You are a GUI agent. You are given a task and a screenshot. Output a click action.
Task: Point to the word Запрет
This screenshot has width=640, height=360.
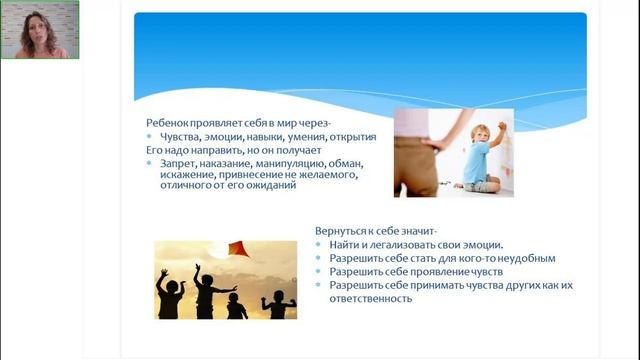click(177, 163)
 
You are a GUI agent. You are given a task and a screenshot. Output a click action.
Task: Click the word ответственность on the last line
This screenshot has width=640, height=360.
click(363, 297)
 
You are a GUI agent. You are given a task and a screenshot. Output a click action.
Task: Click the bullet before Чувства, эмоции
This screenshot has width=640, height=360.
click(150, 136)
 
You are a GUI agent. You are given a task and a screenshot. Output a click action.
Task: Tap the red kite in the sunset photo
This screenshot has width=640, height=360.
click(239, 247)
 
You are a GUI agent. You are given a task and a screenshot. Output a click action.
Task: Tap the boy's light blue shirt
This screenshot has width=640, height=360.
click(477, 160)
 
